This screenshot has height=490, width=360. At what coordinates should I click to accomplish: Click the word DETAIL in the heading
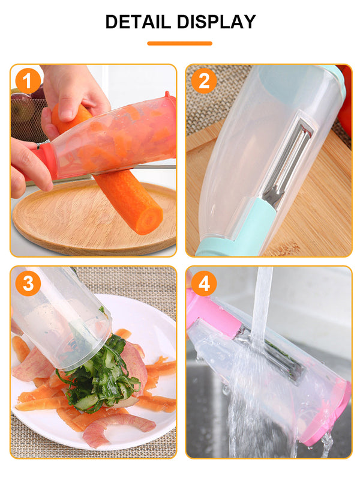pyautogui.click(x=138, y=22)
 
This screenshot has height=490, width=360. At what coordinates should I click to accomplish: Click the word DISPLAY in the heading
pyautogui.click(x=217, y=22)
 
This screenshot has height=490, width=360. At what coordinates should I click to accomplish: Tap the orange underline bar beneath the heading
pyautogui.click(x=180, y=43)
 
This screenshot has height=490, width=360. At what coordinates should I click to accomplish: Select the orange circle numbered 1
pyautogui.click(x=28, y=81)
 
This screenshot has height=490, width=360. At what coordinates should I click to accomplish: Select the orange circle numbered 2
pyautogui.click(x=204, y=81)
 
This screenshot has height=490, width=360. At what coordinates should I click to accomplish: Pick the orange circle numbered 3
pyautogui.click(x=28, y=283)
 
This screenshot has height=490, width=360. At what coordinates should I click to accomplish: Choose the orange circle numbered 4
pyautogui.click(x=204, y=283)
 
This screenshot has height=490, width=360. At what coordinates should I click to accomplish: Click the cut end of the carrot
pyautogui.click(x=149, y=220)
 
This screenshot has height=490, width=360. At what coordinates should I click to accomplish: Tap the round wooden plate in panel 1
pyautogui.click(x=94, y=219)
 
